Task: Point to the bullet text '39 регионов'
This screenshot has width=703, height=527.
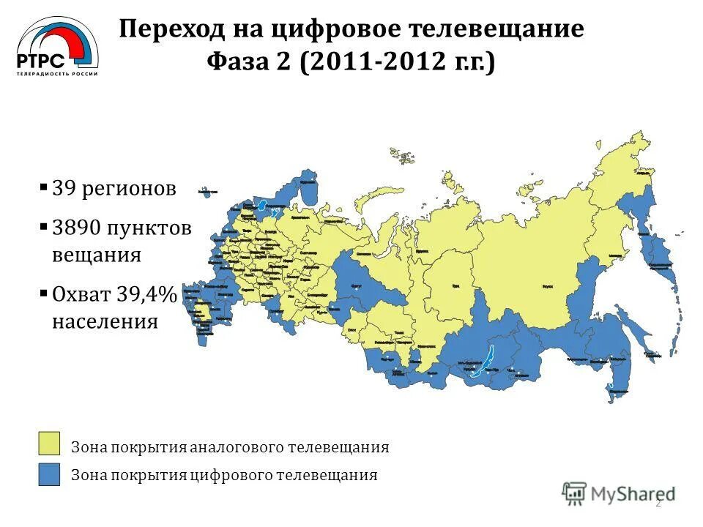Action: (x=114, y=188)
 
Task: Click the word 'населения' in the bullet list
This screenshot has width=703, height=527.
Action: (x=105, y=321)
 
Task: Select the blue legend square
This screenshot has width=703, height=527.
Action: (x=50, y=474)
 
